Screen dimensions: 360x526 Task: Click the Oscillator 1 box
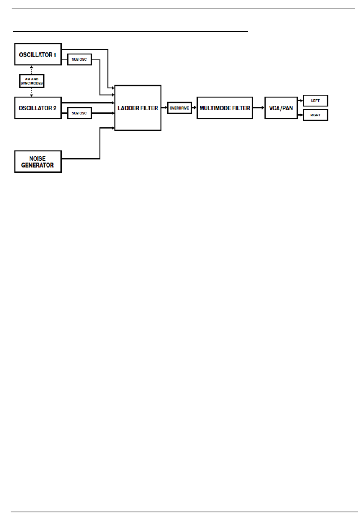click(x=38, y=54)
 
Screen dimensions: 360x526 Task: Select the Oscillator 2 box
click(x=38, y=108)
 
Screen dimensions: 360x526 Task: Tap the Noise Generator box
click(x=38, y=161)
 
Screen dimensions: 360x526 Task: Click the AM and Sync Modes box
click(x=32, y=81)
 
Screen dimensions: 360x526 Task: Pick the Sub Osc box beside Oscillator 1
click(x=79, y=59)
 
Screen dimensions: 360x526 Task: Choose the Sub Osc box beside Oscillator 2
click(x=79, y=113)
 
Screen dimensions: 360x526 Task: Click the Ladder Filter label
click(x=138, y=108)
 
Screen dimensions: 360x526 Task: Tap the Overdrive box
click(x=179, y=108)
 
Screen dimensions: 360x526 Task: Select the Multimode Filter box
click(x=225, y=108)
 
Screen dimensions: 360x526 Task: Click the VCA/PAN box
click(x=281, y=108)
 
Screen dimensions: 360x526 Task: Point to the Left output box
click(x=315, y=101)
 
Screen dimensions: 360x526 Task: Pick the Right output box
click(x=315, y=115)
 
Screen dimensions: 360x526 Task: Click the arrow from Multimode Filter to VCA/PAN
click(x=258, y=108)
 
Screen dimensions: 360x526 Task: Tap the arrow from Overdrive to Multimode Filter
click(x=194, y=108)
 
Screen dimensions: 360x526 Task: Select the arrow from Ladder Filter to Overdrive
click(x=164, y=108)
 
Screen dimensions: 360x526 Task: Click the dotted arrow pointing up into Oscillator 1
click(x=32, y=70)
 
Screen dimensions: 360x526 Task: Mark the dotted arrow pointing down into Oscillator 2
click(x=32, y=92)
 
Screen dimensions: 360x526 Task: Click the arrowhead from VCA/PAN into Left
click(x=301, y=101)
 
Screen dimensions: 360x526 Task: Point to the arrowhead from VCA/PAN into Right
click(x=301, y=115)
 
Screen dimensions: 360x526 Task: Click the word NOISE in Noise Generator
click(x=38, y=158)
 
